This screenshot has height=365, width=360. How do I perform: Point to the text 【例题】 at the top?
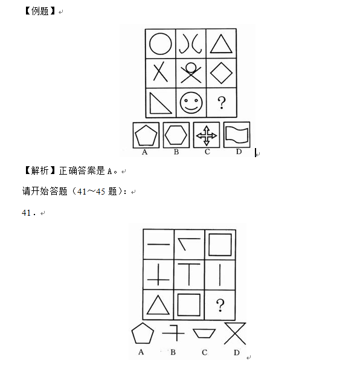pyautogui.click(x=40, y=11)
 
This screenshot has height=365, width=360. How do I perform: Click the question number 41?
pyautogui.click(x=26, y=213)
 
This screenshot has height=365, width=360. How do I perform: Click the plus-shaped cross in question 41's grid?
pyautogui.click(x=158, y=275)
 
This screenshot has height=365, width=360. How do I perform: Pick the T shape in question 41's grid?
pyautogui.click(x=188, y=275)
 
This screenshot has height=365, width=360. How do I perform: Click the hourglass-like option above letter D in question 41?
pyautogui.click(x=235, y=334)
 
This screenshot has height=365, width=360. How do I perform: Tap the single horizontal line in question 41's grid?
pyautogui.click(x=158, y=244)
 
